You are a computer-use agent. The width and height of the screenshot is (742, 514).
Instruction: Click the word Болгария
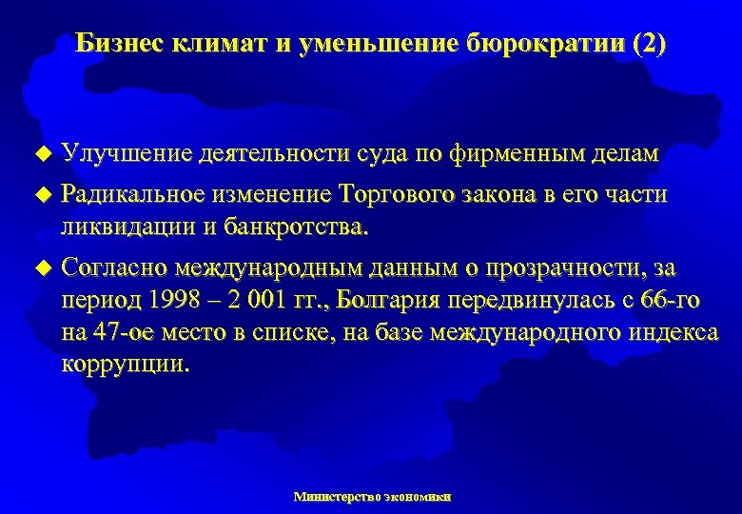420,301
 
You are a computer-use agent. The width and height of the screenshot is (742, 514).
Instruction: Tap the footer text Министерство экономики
373,496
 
